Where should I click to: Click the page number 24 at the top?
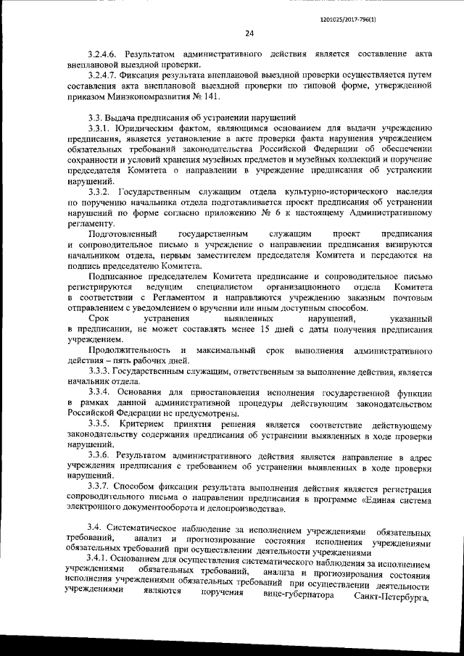pyautogui.click(x=249, y=33)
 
